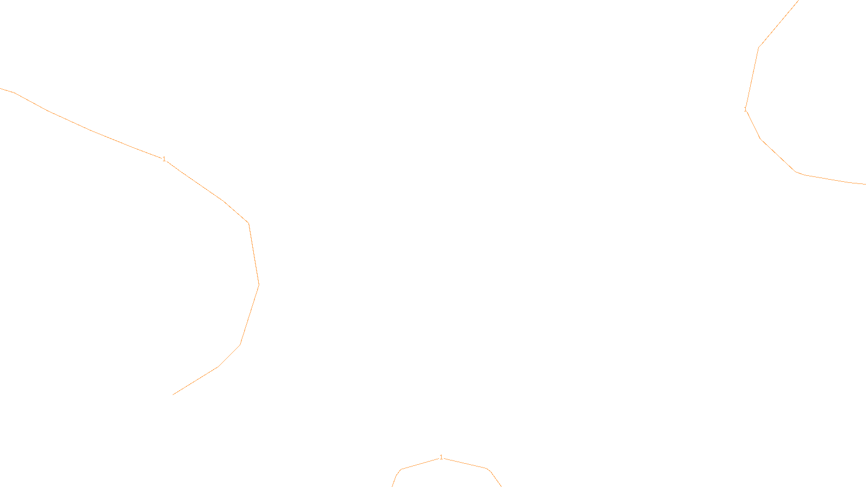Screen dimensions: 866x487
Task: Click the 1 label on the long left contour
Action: pos(164,159)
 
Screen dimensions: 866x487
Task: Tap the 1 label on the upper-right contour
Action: pos(745,109)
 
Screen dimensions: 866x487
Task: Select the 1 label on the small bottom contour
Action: pos(441,457)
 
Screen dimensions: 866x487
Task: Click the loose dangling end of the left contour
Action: pos(173,394)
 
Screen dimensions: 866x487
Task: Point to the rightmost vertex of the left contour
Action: pos(259,285)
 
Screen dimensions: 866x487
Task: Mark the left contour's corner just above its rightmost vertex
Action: pos(248,223)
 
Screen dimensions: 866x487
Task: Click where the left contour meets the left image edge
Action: pos(1,89)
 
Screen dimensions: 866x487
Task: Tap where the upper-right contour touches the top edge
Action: pos(798,1)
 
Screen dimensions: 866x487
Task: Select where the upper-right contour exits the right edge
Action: pos(865,184)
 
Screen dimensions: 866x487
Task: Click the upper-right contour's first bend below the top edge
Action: pos(758,48)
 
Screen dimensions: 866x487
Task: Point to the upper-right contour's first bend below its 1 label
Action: pos(760,139)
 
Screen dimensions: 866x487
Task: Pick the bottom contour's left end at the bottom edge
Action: pos(392,486)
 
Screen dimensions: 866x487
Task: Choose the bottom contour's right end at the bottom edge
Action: pos(501,486)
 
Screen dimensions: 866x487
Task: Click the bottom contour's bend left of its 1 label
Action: pos(401,469)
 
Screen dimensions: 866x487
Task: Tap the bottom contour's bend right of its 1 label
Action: pos(487,469)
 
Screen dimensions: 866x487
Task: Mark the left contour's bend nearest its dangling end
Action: pos(218,366)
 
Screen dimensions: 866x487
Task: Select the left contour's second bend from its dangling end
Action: pos(240,345)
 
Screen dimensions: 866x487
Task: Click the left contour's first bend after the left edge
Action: pos(14,93)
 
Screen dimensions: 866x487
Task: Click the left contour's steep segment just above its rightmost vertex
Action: pos(254,254)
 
